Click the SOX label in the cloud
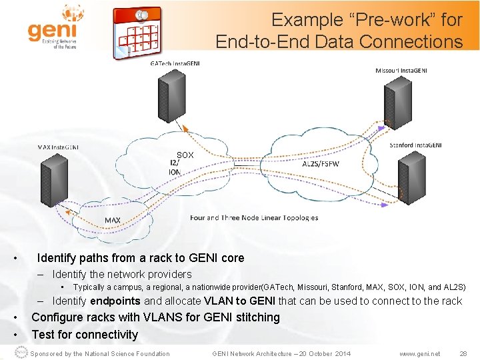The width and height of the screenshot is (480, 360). pyautogui.click(x=185, y=155)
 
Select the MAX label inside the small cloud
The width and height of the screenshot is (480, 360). pyautogui.click(x=112, y=220)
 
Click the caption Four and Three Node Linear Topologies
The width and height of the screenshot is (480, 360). pyautogui.click(x=253, y=217)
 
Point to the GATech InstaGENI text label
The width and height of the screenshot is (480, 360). pyautogui.click(x=175, y=63)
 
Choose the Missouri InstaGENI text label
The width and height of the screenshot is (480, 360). pyautogui.click(x=401, y=70)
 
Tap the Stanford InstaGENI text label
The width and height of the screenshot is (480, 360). pyautogui.click(x=415, y=145)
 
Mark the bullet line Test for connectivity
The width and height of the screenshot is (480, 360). pyautogui.click(x=85, y=335)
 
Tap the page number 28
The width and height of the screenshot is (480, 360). pyautogui.click(x=463, y=353)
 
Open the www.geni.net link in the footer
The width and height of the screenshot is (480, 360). pyautogui.click(x=419, y=353)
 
